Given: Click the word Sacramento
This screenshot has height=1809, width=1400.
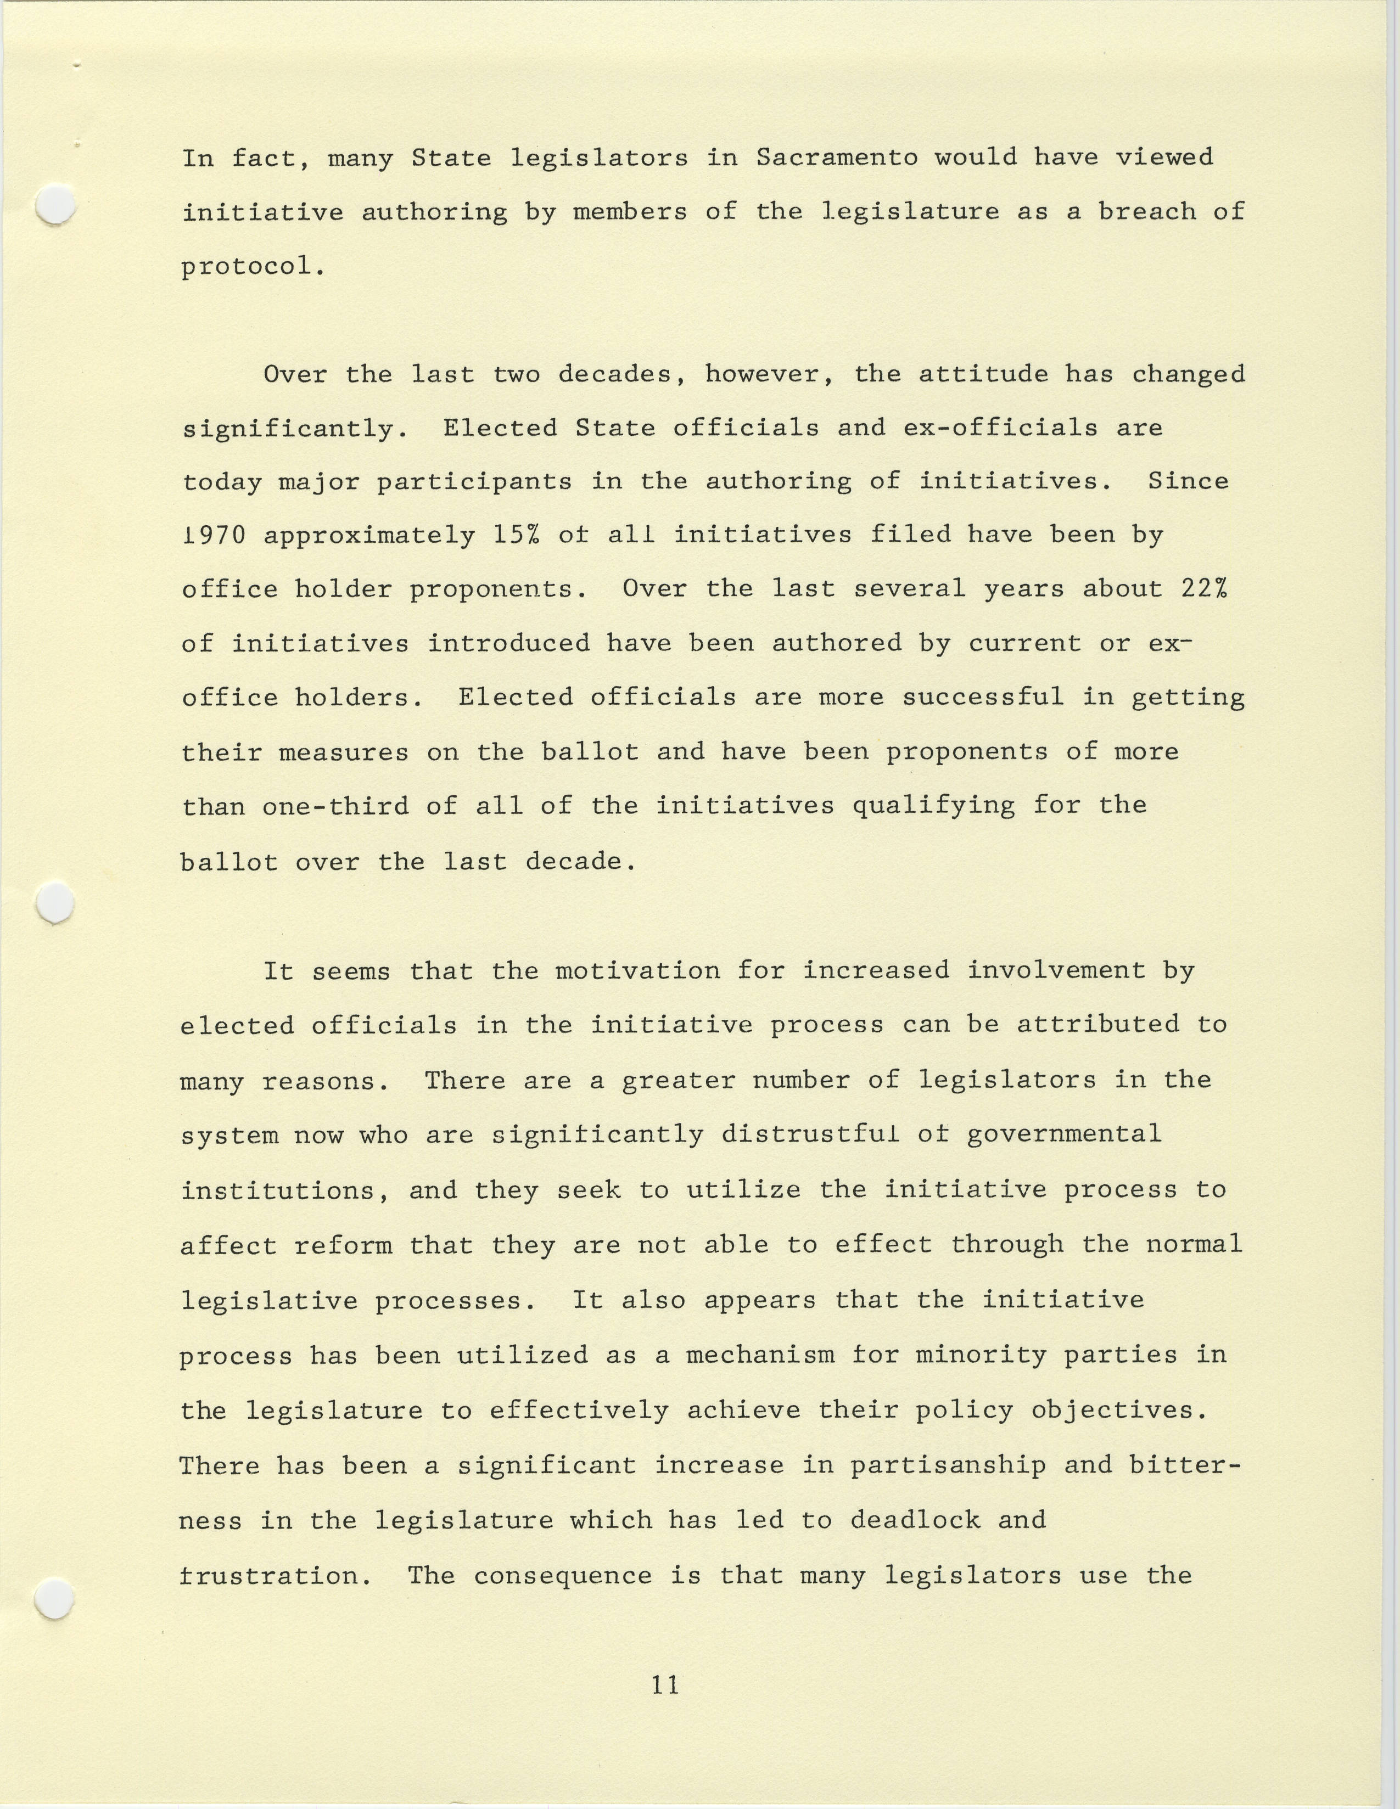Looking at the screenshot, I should (837, 158).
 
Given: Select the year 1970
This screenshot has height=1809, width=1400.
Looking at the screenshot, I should (214, 535).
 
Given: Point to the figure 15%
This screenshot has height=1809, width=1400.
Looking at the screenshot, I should (516, 535).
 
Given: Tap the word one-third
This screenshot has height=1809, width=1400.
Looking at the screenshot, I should (335, 806).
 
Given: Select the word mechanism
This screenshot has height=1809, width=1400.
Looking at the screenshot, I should (760, 1355).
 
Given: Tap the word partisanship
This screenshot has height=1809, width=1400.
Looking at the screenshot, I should (948, 1465).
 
